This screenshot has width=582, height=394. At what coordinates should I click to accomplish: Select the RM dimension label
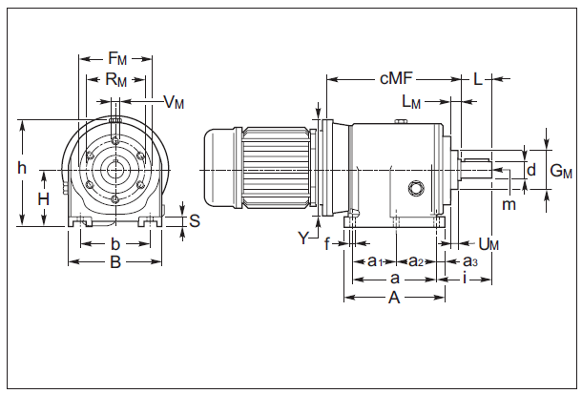(115, 81)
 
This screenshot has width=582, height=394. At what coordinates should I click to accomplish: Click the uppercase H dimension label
(43, 199)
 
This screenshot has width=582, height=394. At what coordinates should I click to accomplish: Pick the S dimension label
(194, 221)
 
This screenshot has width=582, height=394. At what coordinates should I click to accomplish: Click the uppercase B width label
(114, 261)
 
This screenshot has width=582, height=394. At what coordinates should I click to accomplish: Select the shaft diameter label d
(531, 170)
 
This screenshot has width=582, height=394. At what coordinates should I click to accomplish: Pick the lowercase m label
(509, 204)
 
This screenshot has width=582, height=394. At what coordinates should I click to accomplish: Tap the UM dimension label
(488, 245)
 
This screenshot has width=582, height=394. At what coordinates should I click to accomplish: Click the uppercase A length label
(393, 298)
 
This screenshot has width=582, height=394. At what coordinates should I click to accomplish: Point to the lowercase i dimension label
(464, 279)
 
